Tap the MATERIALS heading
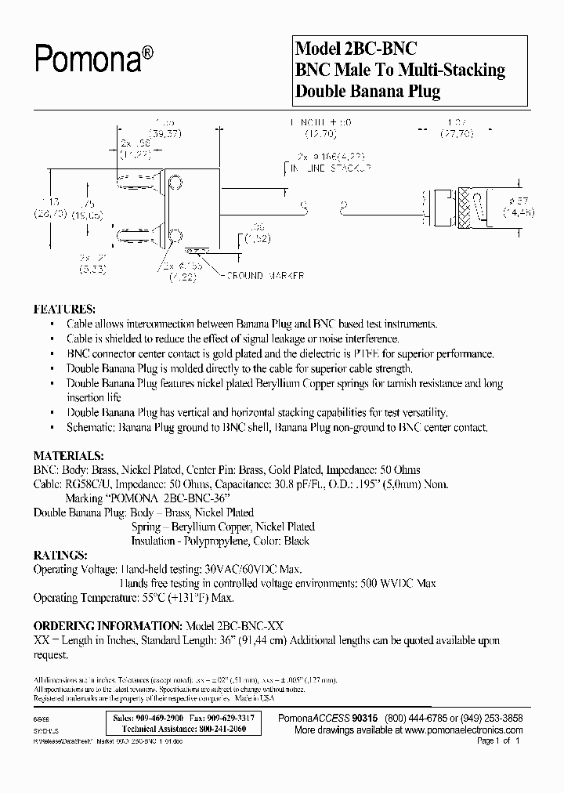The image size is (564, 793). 68,455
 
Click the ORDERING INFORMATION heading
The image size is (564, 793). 107,626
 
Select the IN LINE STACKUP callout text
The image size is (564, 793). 329,168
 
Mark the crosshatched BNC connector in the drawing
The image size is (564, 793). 462,206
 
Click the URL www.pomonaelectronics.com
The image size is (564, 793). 454,729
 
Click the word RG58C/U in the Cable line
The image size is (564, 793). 87,485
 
